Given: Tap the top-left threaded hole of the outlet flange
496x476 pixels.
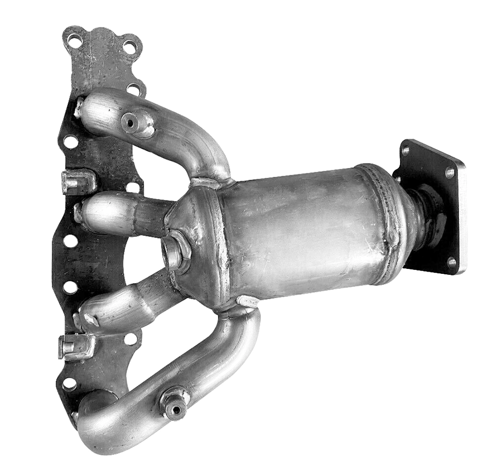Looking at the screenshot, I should click(x=406, y=149).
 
